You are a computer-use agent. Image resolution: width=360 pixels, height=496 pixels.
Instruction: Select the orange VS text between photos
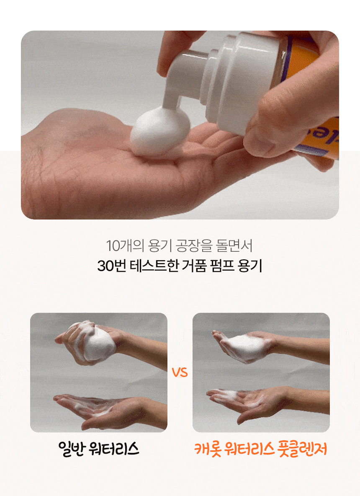coord(180,373)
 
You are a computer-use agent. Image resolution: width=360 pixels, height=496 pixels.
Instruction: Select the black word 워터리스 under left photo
coord(114,449)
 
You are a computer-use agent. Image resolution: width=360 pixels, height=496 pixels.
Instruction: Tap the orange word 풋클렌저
coord(303,449)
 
